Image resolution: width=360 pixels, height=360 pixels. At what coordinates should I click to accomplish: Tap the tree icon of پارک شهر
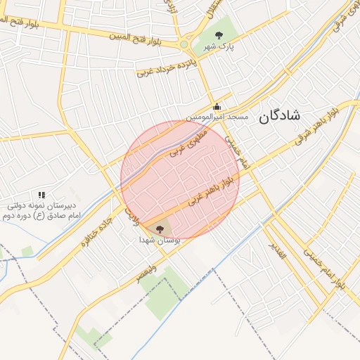[x=219, y=34]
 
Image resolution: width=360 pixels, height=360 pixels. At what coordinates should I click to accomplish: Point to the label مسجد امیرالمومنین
[x=217, y=116]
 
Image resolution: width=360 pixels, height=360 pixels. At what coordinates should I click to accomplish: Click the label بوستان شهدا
[x=160, y=240]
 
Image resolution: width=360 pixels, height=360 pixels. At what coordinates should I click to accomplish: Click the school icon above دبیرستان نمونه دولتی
[x=41, y=195]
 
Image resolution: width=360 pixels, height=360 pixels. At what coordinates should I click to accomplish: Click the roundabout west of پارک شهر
[x=184, y=44]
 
